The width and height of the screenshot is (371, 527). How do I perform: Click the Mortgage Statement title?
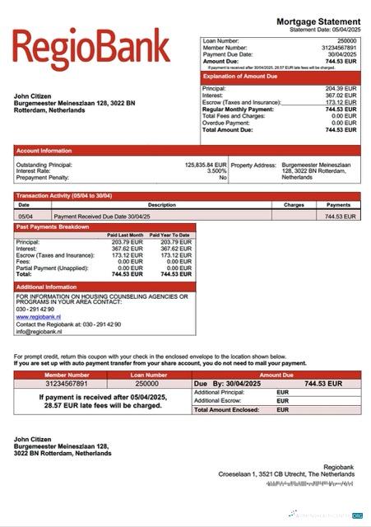318,21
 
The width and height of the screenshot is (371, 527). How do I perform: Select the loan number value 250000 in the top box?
346,40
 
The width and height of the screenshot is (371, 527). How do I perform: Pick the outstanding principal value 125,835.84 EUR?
206,164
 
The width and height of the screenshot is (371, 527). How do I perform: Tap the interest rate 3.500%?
216,170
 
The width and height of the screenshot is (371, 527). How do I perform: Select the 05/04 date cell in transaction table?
25,216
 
